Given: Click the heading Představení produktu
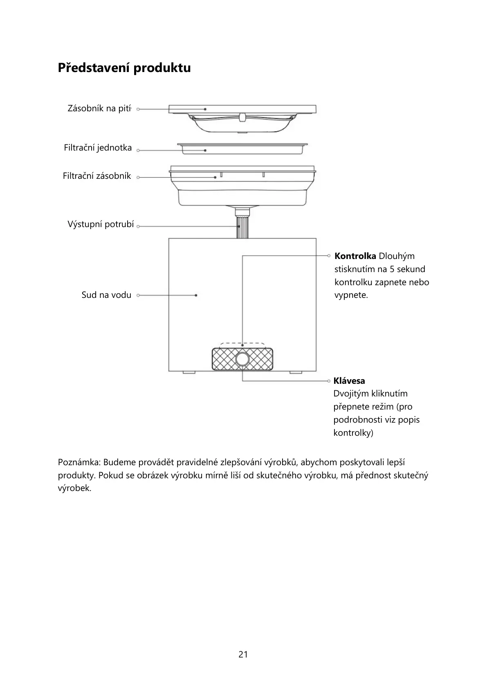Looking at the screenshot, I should click(x=124, y=68).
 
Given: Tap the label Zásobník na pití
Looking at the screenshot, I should click(x=99, y=109).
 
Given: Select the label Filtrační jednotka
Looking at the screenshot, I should click(x=98, y=148).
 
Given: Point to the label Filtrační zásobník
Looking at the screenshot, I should click(x=97, y=176).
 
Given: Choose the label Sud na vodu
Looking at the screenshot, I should click(x=106, y=295).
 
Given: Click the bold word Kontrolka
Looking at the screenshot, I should click(x=355, y=256).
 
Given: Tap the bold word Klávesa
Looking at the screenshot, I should click(x=349, y=381).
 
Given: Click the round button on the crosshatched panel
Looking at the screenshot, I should click(x=242, y=359).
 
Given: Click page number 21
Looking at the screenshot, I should click(x=243, y=654).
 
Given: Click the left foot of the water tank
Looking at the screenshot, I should click(x=189, y=372).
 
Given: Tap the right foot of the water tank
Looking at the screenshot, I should click(x=296, y=372).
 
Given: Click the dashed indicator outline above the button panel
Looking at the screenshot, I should click(x=242, y=344).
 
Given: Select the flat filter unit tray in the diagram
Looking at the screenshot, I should click(x=242, y=148).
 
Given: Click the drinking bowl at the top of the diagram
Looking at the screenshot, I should click(x=242, y=123).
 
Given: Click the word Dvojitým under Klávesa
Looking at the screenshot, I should click(x=351, y=394).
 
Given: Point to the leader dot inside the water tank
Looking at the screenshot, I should click(x=196, y=295).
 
